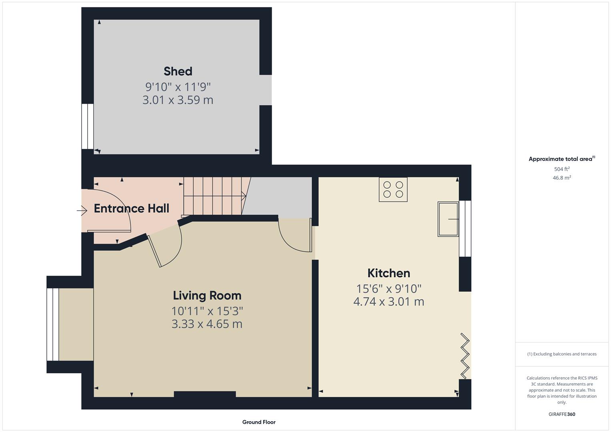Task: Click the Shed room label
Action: pyautogui.click(x=178, y=71)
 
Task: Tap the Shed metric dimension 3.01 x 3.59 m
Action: pyautogui.click(x=178, y=100)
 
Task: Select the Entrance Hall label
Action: pyautogui.click(x=131, y=208)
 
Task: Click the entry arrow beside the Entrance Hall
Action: pyautogui.click(x=82, y=210)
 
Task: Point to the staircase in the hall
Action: pyautogui.click(x=214, y=196)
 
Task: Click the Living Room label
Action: pyautogui.click(x=207, y=296)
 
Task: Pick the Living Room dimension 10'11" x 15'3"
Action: pyautogui.click(x=207, y=311)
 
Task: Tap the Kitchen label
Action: pyautogui.click(x=389, y=273)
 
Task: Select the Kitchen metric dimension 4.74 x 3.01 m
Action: pyautogui.click(x=389, y=302)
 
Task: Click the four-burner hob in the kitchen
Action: pyautogui.click(x=393, y=189)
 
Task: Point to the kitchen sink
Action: pyautogui.click(x=448, y=219)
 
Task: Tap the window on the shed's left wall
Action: pyautogui.click(x=87, y=126)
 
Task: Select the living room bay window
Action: pyautogui.click(x=52, y=324)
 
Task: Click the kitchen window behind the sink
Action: pyautogui.click(x=465, y=228)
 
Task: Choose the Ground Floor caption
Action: pyautogui.click(x=258, y=422)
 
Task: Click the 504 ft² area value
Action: pyautogui.click(x=562, y=169)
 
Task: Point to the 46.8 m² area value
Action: pyautogui.click(x=562, y=178)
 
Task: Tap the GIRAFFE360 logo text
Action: pyautogui.click(x=562, y=414)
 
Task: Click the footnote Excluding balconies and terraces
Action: pyautogui.click(x=562, y=354)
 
